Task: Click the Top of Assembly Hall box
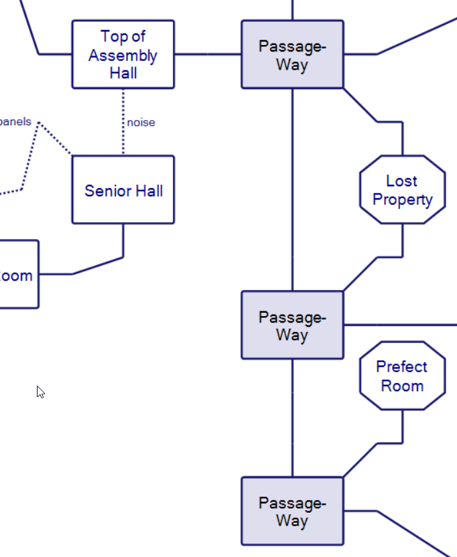click(x=123, y=54)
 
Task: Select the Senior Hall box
click(x=123, y=189)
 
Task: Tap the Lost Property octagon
click(x=402, y=190)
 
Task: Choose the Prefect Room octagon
click(x=402, y=376)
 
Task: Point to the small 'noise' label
click(x=141, y=123)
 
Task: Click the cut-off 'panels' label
click(x=15, y=122)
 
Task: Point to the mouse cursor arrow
click(x=40, y=392)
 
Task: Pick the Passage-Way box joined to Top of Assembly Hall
click(x=292, y=54)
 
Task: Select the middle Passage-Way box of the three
click(x=292, y=325)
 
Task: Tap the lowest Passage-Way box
click(x=292, y=511)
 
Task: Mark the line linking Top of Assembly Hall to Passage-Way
click(x=208, y=54)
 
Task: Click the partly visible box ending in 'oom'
click(x=19, y=274)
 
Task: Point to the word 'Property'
click(x=403, y=200)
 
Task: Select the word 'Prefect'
click(x=401, y=367)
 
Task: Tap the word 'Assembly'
click(x=123, y=56)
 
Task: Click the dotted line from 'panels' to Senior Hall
click(x=55, y=139)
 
